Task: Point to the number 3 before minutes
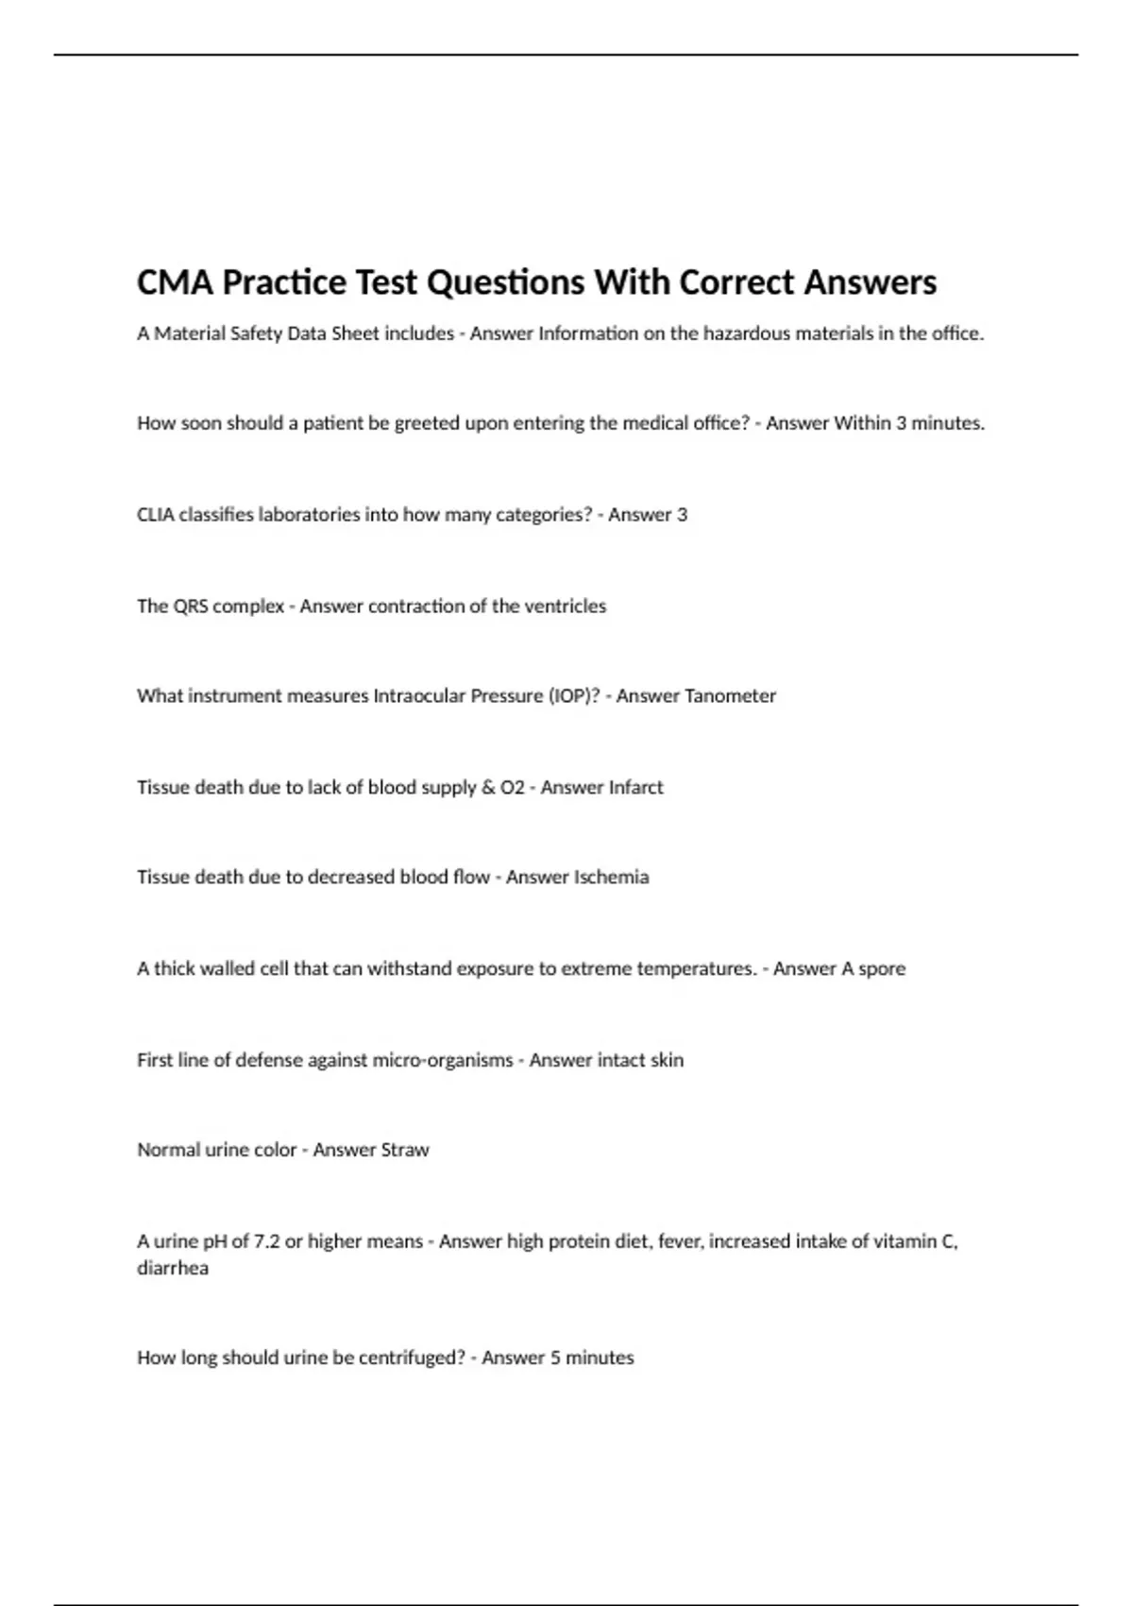[901, 423]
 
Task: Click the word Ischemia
[611, 878]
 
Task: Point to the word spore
[882, 969]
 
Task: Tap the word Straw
[404, 1151]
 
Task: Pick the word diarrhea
[173, 1269]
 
